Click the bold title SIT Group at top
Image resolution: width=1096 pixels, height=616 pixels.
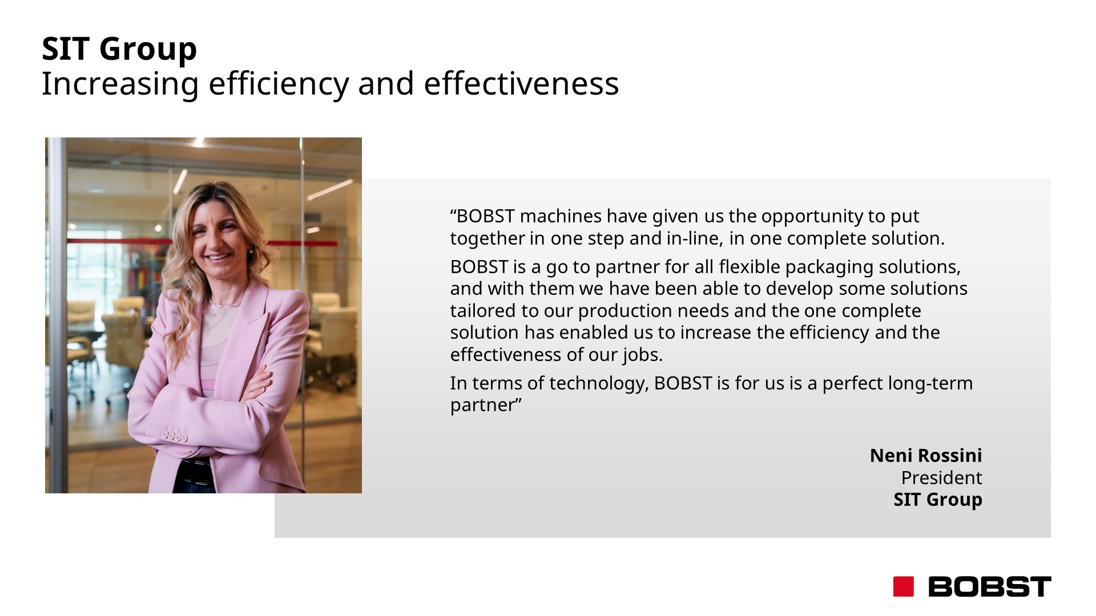pyautogui.click(x=119, y=49)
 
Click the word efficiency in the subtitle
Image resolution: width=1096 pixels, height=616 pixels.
pyautogui.click(x=279, y=84)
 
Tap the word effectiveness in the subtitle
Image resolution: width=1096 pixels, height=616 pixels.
pyautogui.click(x=521, y=83)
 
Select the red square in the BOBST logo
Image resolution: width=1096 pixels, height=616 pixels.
pyautogui.click(x=903, y=586)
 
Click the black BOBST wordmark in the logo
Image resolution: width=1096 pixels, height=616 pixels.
pyautogui.click(x=990, y=586)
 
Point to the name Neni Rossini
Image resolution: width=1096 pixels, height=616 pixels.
pyautogui.click(x=926, y=455)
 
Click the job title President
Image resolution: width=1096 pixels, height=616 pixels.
pyautogui.click(x=942, y=477)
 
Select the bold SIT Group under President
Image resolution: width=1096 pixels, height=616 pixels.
pyautogui.click(x=938, y=500)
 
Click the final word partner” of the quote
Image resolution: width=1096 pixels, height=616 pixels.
pyautogui.click(x=486, y=406)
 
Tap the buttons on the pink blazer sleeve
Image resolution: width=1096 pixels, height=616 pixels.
pyautogui.click(x=175, y=436)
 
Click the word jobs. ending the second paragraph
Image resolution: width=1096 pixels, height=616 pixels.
pyautogui.click(x=643, y=355)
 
